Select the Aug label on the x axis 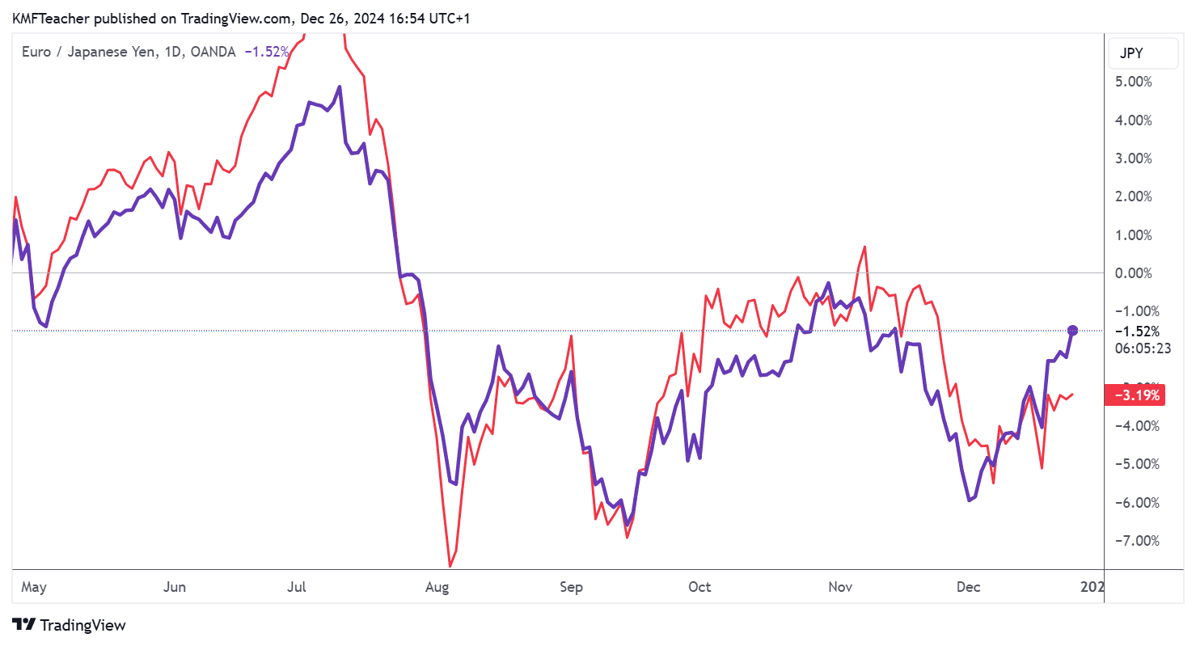(x=437, y=587)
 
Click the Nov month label (x=840, y=587)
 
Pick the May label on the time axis (x=33, y=587)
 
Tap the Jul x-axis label (x=297, y=587)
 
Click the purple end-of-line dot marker (x=1073, y=330)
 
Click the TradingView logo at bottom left (x=70, y=625)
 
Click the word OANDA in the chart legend (x=213, y=52)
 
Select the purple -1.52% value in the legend (x=266, y=52)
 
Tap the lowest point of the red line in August (x=450, y=565)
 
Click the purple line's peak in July (x=340, y=87)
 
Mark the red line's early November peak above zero (x=864, y=247)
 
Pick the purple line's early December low (x=969, y=500)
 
